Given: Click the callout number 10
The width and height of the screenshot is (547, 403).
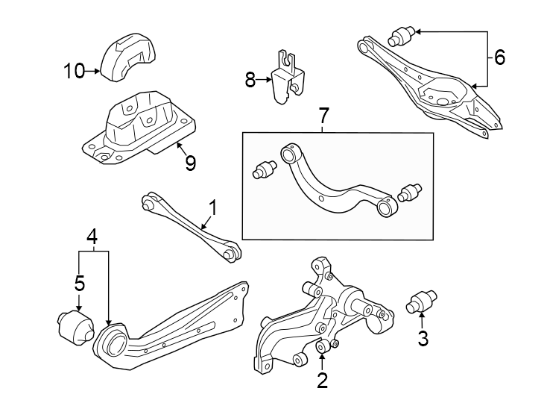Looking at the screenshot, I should pos(75,71).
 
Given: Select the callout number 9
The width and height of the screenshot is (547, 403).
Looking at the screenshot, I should pos(190,163).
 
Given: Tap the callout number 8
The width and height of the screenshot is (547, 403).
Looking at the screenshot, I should pos(250,80).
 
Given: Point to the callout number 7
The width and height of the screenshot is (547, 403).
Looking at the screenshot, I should pos(323,117).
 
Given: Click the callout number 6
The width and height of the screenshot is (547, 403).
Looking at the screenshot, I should pos(499,56).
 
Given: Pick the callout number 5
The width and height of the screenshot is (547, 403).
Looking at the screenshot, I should pos(79,283).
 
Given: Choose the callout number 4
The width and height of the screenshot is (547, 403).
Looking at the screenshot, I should pos(92,237).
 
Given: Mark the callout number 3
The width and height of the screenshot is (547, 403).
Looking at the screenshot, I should pos(423,338).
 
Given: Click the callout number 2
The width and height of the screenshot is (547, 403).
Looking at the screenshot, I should pos(322,381).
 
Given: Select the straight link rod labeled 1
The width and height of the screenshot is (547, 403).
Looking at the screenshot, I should pos(189,227).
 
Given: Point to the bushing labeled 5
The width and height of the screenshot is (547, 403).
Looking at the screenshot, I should pos(73,325).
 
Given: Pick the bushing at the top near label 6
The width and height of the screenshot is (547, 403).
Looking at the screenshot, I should pos(402,35).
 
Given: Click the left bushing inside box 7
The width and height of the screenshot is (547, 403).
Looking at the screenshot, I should pos(265,169).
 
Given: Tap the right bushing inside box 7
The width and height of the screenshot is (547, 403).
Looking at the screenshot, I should pos(409,193).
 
